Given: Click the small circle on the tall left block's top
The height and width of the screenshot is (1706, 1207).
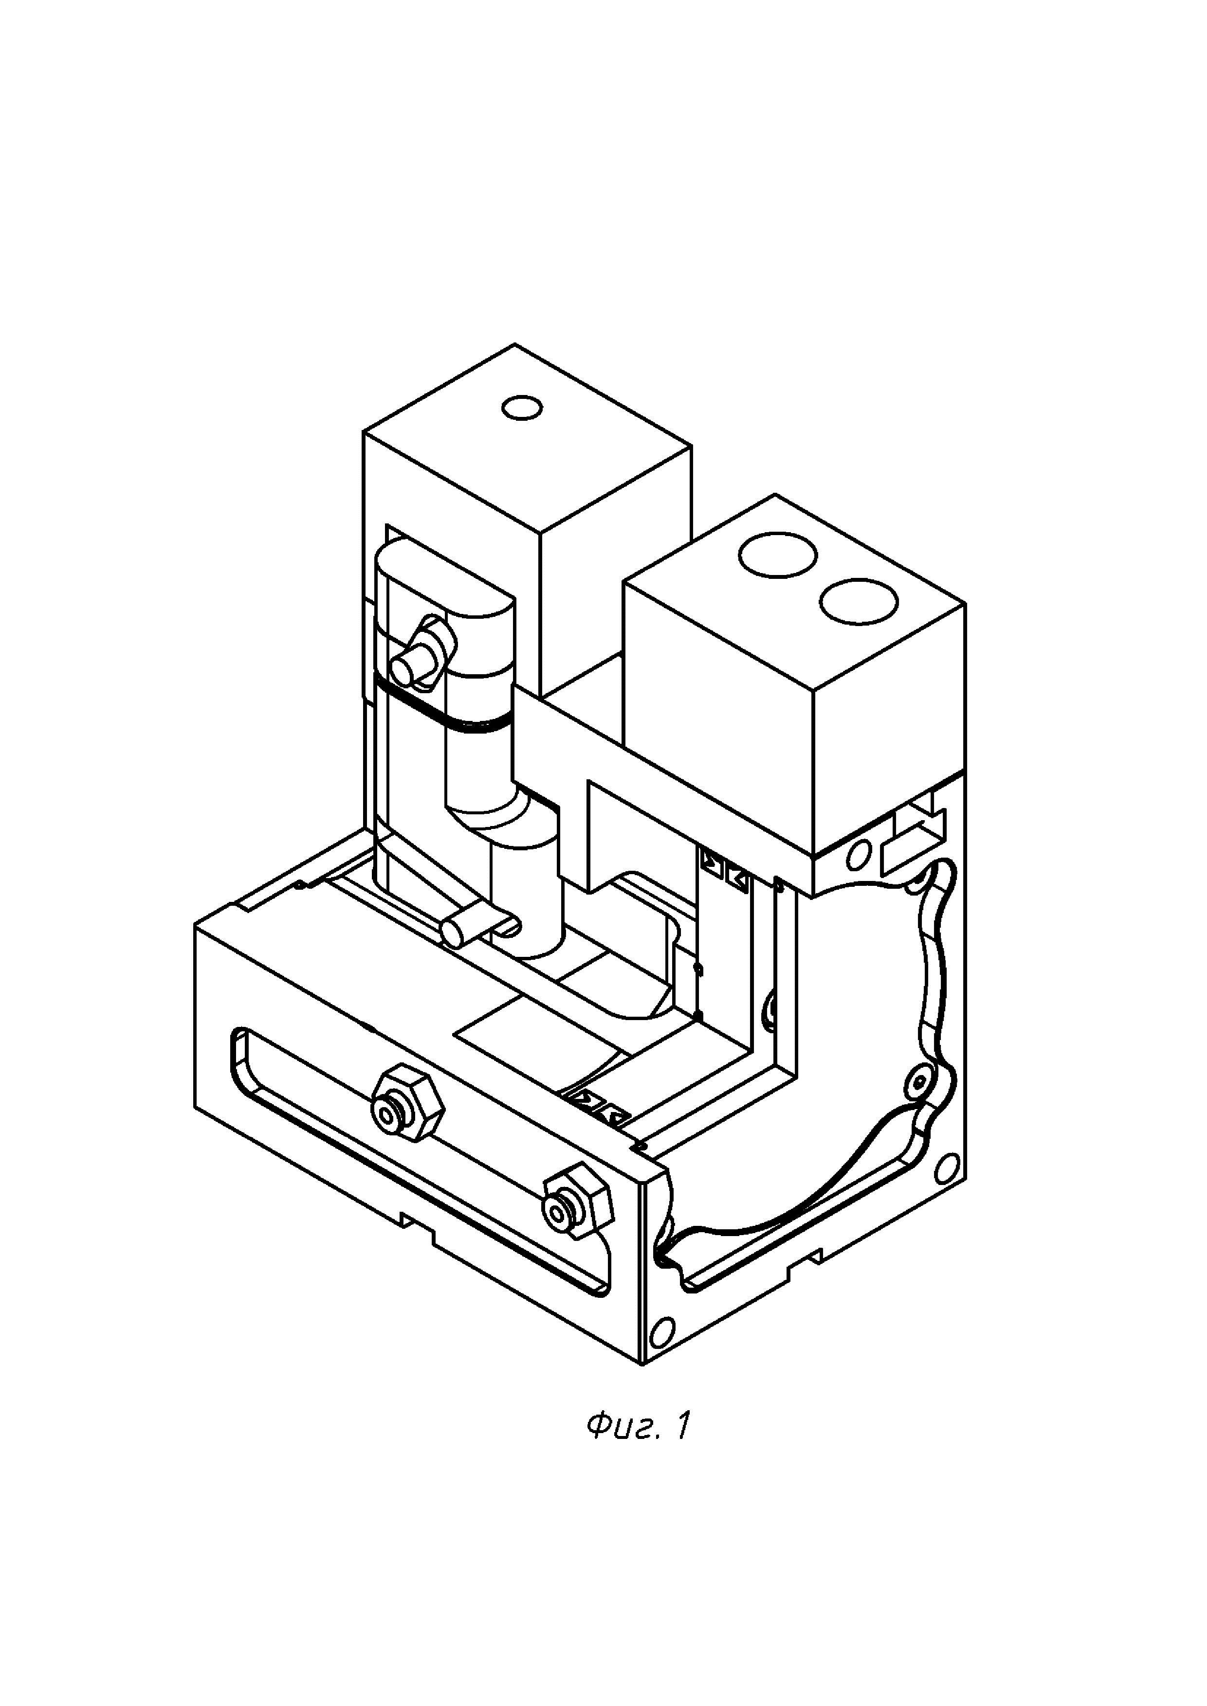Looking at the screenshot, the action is point(522,407).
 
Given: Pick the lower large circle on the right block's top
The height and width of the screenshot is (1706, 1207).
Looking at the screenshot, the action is point(859,600).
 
